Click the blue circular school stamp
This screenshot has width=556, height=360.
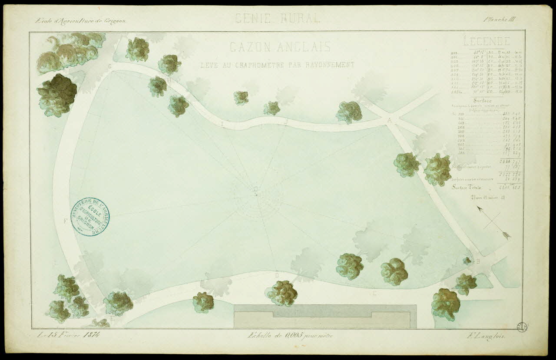click(90, 216)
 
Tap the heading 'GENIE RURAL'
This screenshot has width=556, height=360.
click(278, 18)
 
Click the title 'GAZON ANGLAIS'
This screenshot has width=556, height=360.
click(280, 46)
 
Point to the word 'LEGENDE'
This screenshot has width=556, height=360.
click(486, 42)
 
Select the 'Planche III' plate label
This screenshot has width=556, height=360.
click(500, 19)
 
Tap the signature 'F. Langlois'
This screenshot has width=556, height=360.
click(490, 335)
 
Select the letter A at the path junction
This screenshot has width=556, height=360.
click(390, 120)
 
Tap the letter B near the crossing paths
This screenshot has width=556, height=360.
click(478, 261)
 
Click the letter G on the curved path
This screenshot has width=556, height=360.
click(110, 66)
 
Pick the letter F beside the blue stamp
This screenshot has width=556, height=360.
click(65, 221)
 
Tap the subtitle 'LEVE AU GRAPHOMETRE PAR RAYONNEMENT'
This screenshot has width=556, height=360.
click(277, 65)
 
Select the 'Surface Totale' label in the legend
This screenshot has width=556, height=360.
click(467, 188)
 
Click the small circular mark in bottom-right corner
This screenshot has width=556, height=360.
click(522, 327)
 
